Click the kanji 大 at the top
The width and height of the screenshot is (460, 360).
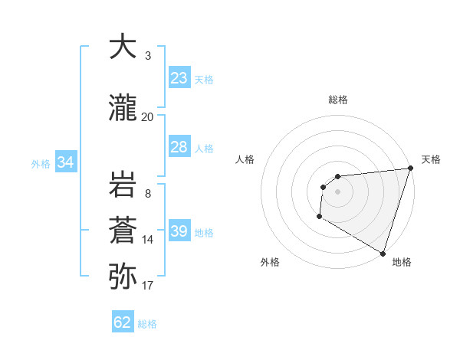click(123, 47)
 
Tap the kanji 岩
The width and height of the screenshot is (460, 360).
click(123, 185)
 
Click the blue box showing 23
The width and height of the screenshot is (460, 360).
click(179, 78)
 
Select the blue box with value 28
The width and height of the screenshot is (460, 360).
click(179, 147)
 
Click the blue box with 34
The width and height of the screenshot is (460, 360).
click(65, 162)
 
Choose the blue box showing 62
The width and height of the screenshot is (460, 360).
click(123, 322)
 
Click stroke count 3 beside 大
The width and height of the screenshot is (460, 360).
click(148, 56)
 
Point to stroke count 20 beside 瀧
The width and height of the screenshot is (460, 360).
click(148, 116)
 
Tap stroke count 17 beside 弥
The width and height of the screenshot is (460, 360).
click(148, 286)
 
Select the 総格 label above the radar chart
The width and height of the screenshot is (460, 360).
click(338, 100)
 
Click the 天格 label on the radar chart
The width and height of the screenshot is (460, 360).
click(432, 159)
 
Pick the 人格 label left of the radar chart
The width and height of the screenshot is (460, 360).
click(245, 159)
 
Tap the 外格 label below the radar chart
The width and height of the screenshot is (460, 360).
click(270, 262)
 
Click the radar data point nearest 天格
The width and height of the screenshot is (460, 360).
click(410, 168)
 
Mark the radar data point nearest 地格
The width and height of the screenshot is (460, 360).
click(383, 253)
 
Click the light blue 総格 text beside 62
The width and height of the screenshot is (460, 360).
click(147, 324)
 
